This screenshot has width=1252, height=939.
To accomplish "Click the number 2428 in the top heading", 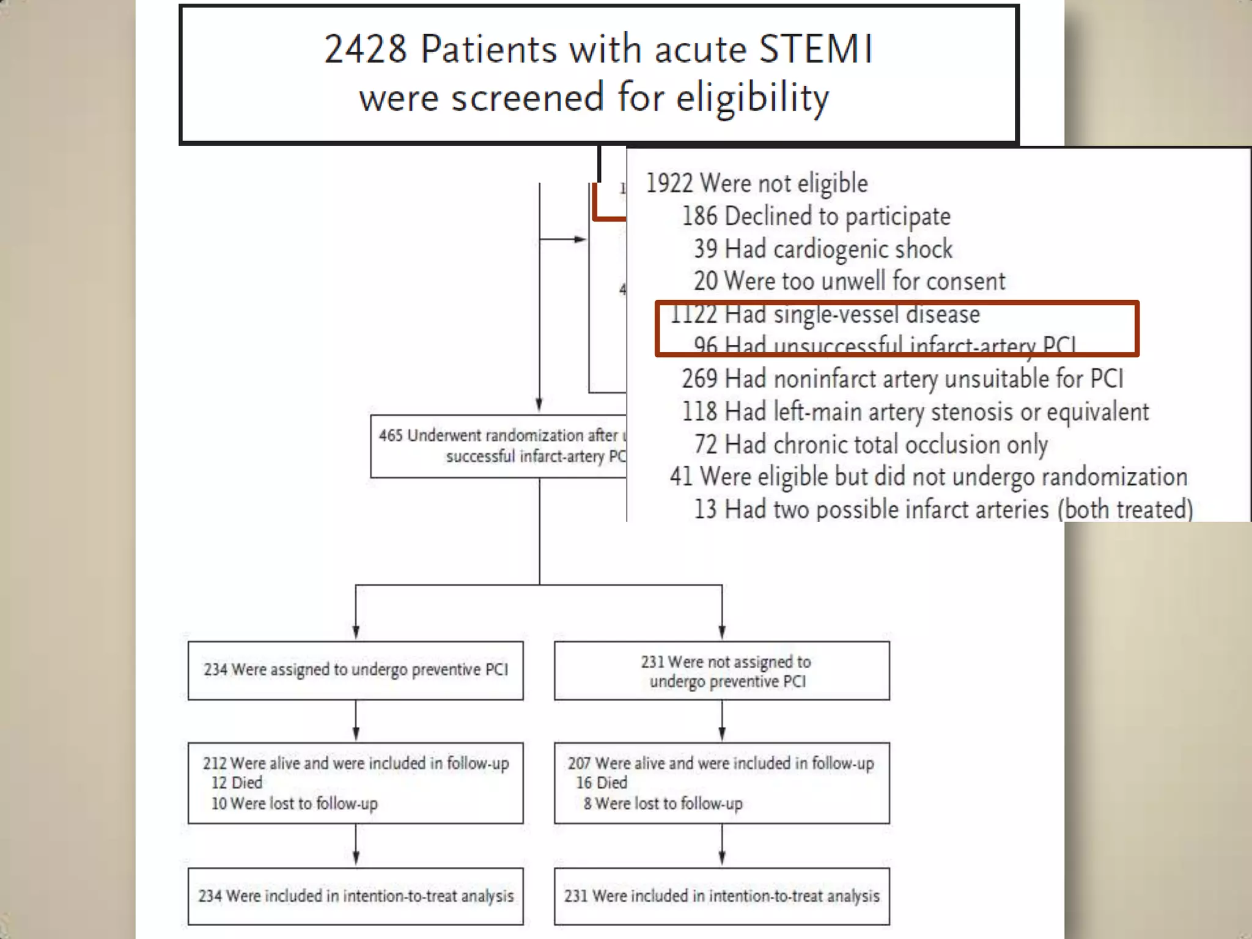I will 365,49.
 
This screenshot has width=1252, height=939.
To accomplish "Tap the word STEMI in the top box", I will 816,49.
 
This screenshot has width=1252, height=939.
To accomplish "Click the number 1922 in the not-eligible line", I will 669,183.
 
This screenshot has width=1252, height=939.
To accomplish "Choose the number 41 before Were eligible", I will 681,477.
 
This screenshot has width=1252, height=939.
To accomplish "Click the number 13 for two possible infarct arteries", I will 705,509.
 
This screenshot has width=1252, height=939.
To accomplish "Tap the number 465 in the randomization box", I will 391,435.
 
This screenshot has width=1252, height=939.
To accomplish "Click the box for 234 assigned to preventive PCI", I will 356,670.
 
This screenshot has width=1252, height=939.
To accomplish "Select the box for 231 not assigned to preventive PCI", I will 722,671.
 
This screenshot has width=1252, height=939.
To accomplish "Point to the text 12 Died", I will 237,782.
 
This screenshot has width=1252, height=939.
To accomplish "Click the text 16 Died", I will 602,782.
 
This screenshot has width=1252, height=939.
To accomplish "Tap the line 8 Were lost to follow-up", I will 663,803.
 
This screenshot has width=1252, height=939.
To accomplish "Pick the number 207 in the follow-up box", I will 579,764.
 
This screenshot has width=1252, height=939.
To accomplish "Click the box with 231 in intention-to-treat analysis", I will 722,896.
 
